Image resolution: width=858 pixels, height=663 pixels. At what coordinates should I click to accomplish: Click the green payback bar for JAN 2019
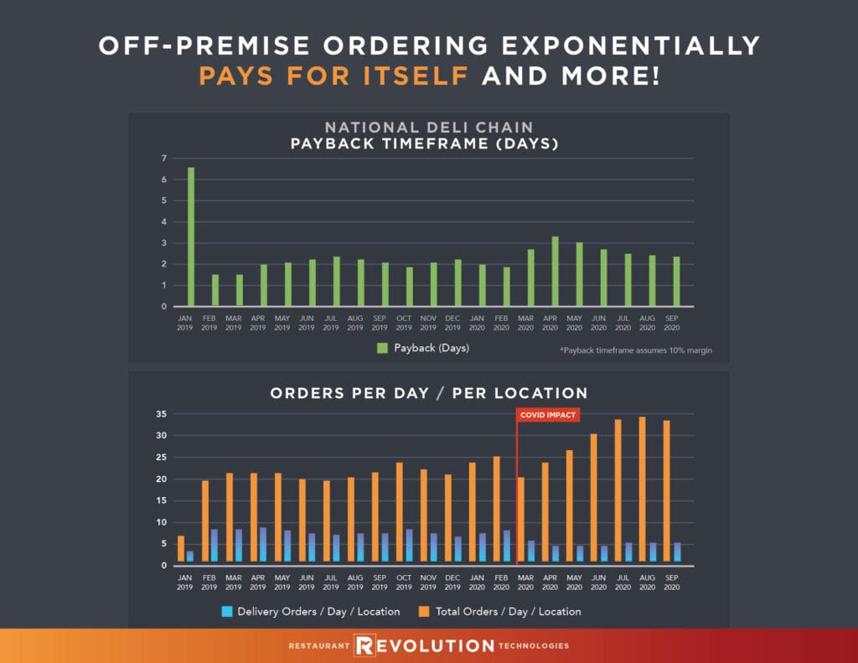point(191,237)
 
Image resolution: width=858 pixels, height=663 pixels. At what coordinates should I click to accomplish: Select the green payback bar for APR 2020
point(555,272)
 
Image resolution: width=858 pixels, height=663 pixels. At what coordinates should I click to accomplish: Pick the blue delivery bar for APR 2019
point(263,544)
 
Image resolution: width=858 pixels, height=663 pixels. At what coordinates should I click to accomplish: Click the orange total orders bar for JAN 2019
point(181,548)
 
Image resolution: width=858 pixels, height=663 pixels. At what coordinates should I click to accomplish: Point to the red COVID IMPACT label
point(548,415)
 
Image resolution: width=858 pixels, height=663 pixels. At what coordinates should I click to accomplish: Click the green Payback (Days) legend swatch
point(382,348)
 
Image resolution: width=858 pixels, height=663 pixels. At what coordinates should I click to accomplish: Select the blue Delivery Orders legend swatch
point(225,611)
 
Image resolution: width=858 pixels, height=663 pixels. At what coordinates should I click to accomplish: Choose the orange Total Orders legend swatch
point(424,611)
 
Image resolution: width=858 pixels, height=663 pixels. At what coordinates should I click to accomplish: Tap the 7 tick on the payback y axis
point(165,158)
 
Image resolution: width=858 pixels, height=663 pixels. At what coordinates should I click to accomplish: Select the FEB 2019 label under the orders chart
point(209,582)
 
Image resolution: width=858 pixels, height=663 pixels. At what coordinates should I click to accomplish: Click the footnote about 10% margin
point(636,350)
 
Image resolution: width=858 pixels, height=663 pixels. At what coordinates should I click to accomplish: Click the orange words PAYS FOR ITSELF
point(333,76)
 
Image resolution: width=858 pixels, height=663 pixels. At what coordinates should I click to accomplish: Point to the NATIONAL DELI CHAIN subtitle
point(428,127)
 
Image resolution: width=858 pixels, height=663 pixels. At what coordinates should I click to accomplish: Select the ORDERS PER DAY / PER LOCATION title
point(428,392)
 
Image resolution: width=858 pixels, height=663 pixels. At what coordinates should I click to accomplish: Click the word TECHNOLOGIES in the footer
point(535,646)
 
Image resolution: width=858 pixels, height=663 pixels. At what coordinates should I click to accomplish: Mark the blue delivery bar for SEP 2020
point(678,552)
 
